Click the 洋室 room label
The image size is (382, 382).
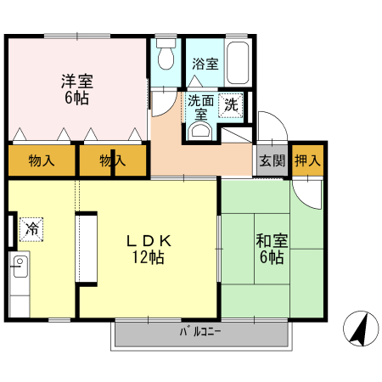click(76, 82)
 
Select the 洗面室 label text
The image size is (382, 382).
click(200, 106)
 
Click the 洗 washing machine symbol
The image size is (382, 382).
click(230, 105)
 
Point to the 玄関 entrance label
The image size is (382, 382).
click(272, 160)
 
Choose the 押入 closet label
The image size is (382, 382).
click(307, 160)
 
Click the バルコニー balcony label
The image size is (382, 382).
click(200, 333)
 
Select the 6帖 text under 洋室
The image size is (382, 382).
click(76, 98)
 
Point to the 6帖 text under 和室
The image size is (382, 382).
click(272, 257)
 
